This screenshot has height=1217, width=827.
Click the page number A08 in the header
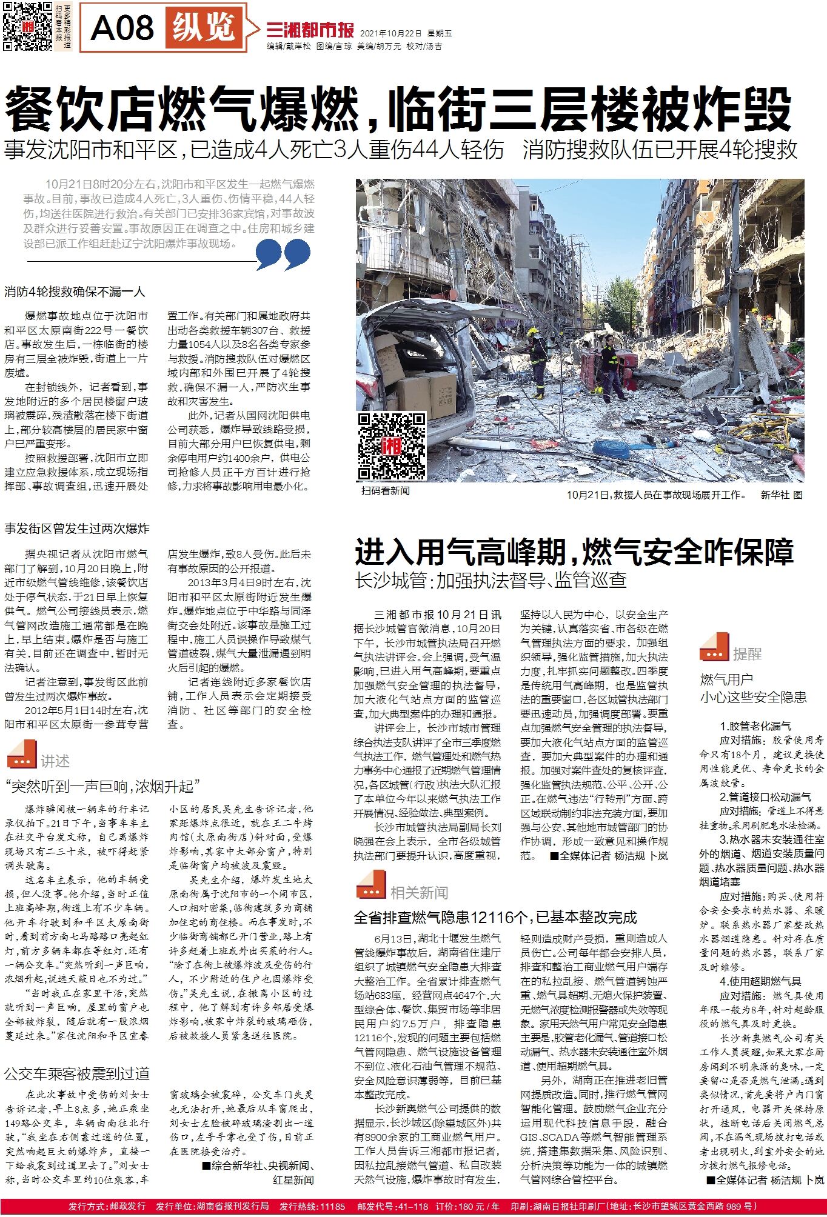pyautogui.click(x=122, y=28)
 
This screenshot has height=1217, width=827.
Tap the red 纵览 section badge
pyautogui.click(x=204, y=27)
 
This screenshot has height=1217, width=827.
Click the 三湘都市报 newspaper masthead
pyautogui.click(x=310, y=28)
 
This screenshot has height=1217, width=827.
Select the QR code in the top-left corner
pyautogui.click(x=28, y=27)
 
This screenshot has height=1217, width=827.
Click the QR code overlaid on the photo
pyautogui.click(x=391, y=446)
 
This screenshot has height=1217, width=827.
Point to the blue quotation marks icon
pyautogui.click(x=283, y=254)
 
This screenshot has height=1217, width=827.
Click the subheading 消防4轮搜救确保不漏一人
pyautogui.click(x=75, y=292)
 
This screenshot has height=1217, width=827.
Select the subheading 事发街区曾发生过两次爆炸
pyautogui.click(x=77, y=528)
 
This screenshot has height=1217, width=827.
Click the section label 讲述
pyautogui.click(x=55, y=761)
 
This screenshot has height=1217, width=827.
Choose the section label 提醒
pyautogui.click(x=746, y=653)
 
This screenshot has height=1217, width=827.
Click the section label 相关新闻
pyautogui.click(x=419, y=892)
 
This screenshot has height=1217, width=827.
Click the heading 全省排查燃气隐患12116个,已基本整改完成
pyautogui.click(x=495, y=917)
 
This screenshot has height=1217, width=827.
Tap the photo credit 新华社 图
pyautogui.click(x=781, y=495)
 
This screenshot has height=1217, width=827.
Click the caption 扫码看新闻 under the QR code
pyautogui.click(x=385, y=490)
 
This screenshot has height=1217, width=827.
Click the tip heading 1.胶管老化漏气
pyautogui.click(x=755, y=725)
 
